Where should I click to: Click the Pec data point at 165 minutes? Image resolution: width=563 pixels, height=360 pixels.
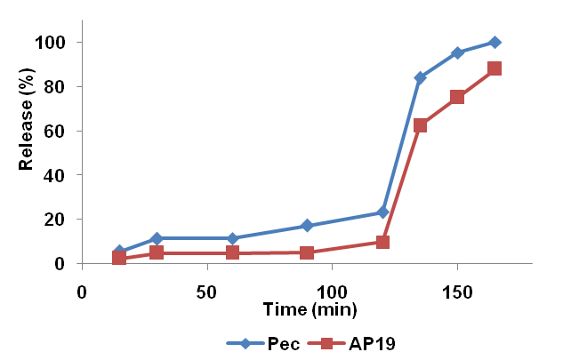(x=495, y=42)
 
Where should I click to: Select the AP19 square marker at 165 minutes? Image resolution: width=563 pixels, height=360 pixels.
(x=495, y=68)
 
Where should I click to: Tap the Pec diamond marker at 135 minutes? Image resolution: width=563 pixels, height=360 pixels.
(x=420, y=77)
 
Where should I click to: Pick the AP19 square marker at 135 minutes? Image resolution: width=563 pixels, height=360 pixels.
(x=420, y=125)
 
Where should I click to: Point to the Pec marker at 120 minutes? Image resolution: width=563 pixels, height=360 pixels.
(x=382, y=212)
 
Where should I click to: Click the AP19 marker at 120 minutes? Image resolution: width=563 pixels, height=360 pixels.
(x=382, y=242)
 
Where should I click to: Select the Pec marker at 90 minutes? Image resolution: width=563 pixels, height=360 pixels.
(x=307, y=226)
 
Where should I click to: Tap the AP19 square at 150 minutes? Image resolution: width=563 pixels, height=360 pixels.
(x=457, y=97)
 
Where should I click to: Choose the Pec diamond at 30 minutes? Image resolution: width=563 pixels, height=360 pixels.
(x=157, y=238)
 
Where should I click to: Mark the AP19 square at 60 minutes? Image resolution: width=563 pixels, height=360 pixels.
(x=232, y=252)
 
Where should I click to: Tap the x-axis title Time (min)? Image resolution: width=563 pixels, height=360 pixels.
(x=309, y=310)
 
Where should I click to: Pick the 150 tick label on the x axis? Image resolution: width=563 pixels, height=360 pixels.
(x=458, y=290)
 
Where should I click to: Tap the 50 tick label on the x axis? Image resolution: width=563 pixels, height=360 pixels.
(x=206, y=290)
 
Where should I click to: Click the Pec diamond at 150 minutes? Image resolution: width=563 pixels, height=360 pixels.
(x=457, y=52)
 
